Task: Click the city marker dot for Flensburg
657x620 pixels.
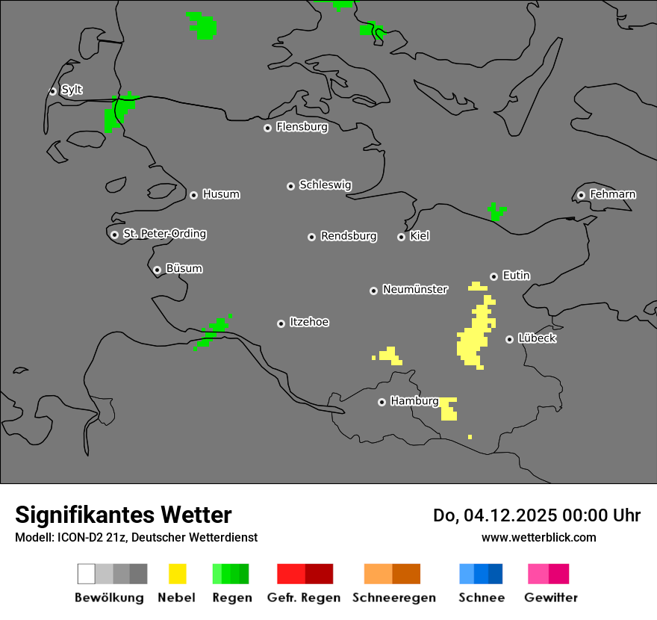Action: (267, 128)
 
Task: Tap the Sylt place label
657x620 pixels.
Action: (72, 90)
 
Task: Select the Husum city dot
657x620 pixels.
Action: (193, 195)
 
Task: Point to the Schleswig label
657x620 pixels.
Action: (325, 185)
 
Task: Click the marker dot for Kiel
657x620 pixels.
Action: (401, 237)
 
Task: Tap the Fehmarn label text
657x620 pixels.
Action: (612, 194)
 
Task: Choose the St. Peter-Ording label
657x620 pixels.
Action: (164, 234)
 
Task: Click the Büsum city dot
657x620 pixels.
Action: (157, 270)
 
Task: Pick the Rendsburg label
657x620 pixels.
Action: (348, 236)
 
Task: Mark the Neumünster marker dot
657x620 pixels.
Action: (373, 291)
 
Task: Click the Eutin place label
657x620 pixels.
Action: (516, 276)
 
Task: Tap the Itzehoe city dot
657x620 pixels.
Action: (281, 323)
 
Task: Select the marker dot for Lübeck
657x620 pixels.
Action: (509, 339)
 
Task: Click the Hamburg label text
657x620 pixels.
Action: (414, 401)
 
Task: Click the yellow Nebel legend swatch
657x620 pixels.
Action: (177, 574)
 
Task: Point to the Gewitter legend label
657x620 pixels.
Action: (550, 598)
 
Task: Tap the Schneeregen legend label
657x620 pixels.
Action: (393, 598)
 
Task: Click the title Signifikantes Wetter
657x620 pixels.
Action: (123, 515)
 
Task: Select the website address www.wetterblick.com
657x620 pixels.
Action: (538, 537)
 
